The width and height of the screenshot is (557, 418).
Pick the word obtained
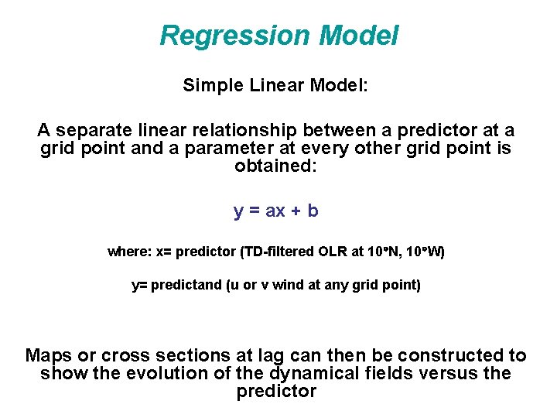(275, 166)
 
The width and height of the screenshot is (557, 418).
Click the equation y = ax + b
(275, 211)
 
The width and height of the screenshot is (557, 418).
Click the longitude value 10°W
(425, 252)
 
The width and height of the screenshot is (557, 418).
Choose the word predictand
(186, 286)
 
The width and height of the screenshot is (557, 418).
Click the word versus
(454, 374)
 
